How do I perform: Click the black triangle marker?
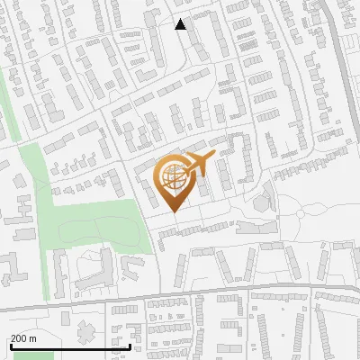click(181, 24)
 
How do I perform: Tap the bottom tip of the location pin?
click(174, 211)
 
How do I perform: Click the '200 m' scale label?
click(24, 338)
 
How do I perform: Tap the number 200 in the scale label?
click(19, 338)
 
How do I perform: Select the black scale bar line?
click(69, 346)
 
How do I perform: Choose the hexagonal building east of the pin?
click(262, 202)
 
